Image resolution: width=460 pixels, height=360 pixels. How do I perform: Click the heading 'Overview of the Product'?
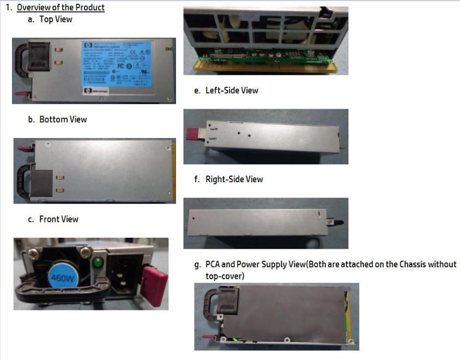(x=60, y=8)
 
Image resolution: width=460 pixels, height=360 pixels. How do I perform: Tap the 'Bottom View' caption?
(x=63, y=119)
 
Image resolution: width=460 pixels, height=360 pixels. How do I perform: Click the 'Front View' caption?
(x=58, y=219)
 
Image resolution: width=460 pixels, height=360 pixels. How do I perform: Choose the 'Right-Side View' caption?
(x=234, y=179)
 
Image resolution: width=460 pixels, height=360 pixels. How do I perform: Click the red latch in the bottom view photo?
(x=25, y=148)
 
